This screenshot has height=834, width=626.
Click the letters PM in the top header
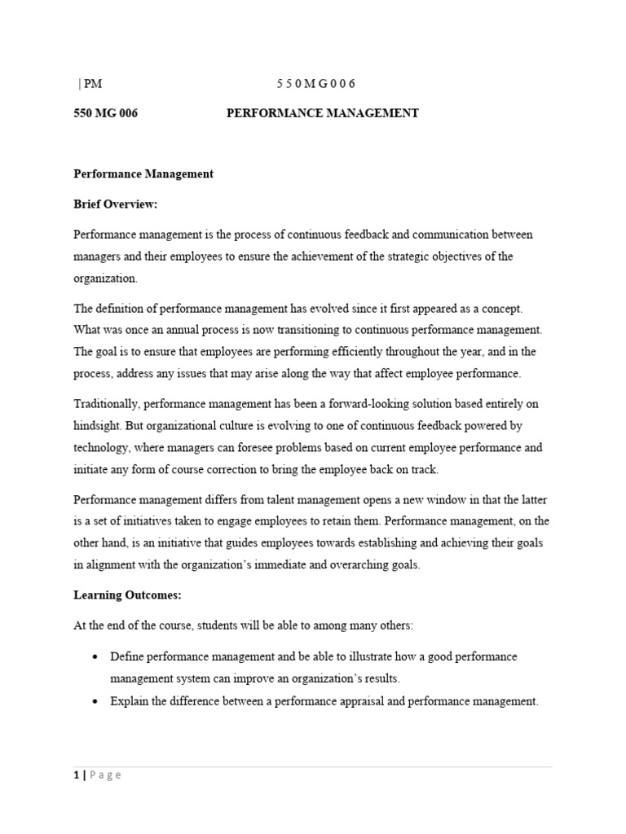tap(92, 84)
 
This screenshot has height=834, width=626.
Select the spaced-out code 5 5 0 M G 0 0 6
tap(316, 84)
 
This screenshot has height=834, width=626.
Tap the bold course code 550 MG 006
tap(105, 113)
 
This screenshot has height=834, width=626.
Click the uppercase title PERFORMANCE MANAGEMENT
tap(322, 113)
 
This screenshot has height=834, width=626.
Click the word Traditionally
tap(105, 404)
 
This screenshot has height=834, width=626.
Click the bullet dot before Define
tap(97, 656)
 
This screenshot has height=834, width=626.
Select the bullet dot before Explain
tap(97, 701)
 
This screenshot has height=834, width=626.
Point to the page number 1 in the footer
tap(76, 775)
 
